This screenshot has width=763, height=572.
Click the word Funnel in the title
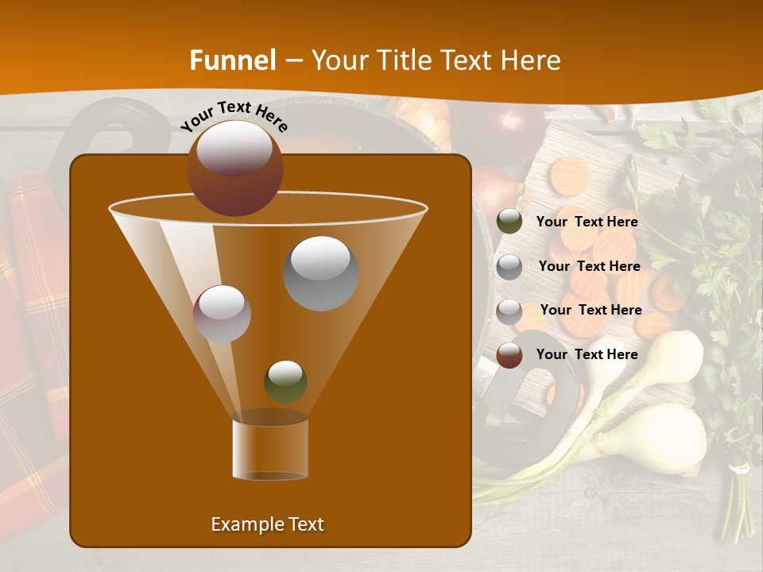point(232,60)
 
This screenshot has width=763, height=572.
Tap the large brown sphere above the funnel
point(234,168)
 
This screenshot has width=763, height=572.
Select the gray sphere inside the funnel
point(320,272)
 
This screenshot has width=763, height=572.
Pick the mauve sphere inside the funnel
point(222,313)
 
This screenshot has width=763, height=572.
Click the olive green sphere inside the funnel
point(285,381)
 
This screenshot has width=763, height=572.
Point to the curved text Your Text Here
point(234,116)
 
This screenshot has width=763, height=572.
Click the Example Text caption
point(267,524)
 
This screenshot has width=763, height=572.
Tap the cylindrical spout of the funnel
point(270,449)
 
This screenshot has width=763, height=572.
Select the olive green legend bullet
point(509,222)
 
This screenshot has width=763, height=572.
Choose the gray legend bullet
point(509,267)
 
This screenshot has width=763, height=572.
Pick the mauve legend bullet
point(509,311)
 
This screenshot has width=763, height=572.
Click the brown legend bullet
point(509,355)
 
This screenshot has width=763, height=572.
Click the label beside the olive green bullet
point(587,222)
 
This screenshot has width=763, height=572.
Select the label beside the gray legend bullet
point(589,266)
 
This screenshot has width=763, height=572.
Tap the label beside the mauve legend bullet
point(591,310)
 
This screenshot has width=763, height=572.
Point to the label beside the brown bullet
point(587,354)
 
